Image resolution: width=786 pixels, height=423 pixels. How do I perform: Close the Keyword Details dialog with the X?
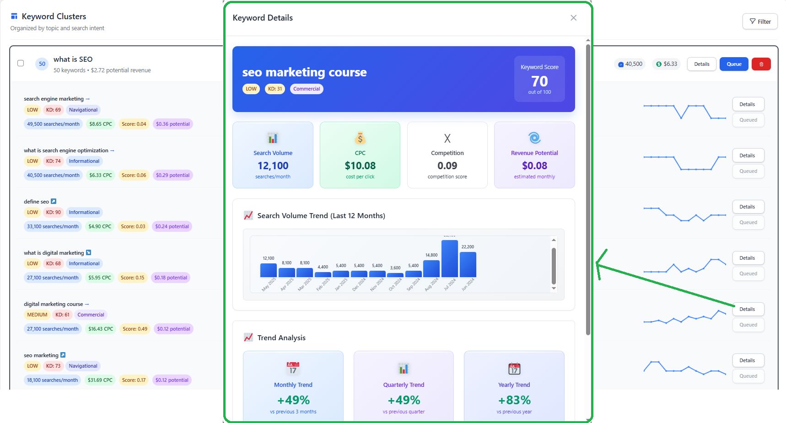click(573, 18)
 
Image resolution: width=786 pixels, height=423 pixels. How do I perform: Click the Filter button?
click(760, 21)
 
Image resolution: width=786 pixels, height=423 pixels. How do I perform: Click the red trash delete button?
click(761, 64)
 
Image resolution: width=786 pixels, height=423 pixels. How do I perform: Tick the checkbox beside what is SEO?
click(21, 63)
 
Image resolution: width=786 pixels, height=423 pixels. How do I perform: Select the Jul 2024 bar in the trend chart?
click(449, 258)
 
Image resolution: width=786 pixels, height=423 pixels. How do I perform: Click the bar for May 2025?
click(269, 270)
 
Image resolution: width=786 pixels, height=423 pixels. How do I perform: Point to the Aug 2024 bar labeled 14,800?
click(431, 268)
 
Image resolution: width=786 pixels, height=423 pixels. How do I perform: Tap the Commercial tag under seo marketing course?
click(307, 89)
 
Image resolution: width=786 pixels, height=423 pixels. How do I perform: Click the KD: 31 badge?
click(275, 89)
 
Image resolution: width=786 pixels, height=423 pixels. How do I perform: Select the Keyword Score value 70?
click(539, 81)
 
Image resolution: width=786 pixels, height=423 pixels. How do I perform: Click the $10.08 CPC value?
click(360, 166)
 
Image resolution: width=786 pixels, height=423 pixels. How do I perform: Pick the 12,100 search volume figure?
click(273, 166)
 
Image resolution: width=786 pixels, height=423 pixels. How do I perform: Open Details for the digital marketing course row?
click(747, 309)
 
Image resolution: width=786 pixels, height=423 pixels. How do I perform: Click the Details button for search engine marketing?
click(747, 104)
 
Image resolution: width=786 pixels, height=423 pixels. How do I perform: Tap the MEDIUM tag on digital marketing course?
click(37, 315)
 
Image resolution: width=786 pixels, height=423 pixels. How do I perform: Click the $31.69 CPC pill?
click(100, 380)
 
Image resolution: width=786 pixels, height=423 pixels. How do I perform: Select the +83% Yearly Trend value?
click(514, 400)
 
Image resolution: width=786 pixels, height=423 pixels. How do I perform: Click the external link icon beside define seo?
click(54, 201)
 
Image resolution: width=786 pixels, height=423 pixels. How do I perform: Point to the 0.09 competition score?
click(447, 166)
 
